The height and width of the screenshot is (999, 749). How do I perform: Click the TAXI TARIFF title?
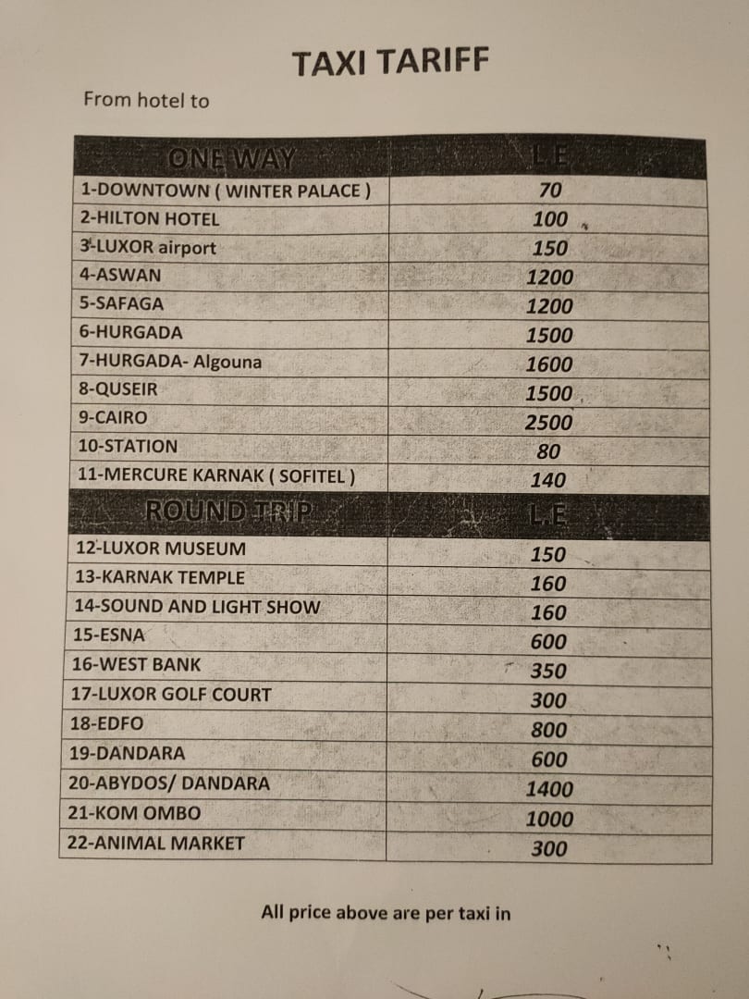click(389, 63)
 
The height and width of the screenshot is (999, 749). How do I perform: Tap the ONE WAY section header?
click(231, 159)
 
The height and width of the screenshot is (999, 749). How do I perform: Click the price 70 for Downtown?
click(550, 191)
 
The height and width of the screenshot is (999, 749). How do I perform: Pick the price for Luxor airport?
click(550, 248)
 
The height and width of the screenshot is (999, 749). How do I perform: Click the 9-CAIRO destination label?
click(114, 417)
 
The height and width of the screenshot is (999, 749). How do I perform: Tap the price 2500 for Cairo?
click(549, 423)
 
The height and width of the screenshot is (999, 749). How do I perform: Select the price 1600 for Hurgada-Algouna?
click(549, 364)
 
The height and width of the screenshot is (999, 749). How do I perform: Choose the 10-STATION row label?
click(129, 446)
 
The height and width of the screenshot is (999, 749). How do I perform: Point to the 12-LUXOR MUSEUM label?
click(161, 549)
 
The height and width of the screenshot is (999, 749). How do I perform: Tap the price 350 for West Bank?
click(549, 672)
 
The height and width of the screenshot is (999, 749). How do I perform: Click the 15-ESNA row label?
click(107, 635)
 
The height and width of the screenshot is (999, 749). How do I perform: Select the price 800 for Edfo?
click(549, 730)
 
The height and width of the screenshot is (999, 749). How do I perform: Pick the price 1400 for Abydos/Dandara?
click(549, 789)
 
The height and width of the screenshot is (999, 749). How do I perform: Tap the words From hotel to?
click(146, 100)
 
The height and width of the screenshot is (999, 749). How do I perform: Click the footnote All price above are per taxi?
click(386, 913)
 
